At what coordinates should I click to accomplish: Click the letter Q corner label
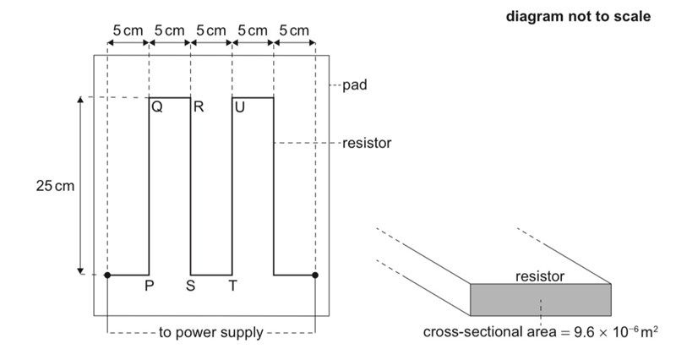[x=157, y=108]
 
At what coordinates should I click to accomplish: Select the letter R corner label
[x=199, y=108]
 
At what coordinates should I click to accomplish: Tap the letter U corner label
[x=241, y=108]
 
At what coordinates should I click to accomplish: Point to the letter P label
[x=149, y=286]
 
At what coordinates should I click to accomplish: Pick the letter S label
[x=191, y=286]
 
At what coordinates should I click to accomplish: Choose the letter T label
[x=232, y=286]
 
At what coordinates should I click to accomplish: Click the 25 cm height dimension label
[x=52, y=186]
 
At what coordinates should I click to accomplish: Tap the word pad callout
[x=354, y=85]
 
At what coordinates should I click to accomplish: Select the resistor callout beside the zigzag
[x=367, y=143]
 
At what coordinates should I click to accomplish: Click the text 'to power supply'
[x=211, y=332]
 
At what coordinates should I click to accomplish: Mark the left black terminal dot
[x=107, y=275]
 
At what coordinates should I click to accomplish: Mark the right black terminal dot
[x=315, y=275]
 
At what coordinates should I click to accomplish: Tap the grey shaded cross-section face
[x=540, y=299]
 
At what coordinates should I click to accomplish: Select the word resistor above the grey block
[x=540, y=275]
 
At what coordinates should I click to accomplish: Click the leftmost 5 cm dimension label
[x=128, y=30]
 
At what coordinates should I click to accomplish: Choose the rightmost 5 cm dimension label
[x=294, y=30]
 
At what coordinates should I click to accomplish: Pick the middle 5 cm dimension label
[x=211, y=30]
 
